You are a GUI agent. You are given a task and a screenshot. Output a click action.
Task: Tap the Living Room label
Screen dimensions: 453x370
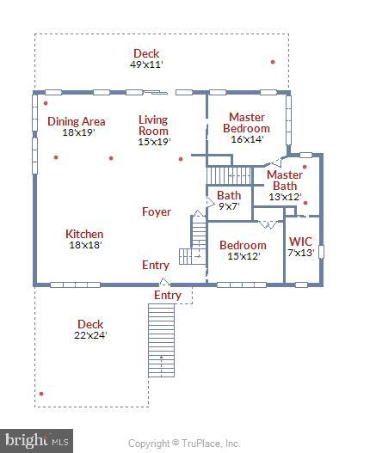pos(154,125)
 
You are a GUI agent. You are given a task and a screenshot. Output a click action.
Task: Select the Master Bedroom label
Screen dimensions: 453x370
pos(246,122)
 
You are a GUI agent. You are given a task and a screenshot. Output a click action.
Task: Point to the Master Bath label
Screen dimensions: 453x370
pos(284,180)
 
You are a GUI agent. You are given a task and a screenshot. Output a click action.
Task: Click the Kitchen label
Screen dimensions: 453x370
pos(84,234)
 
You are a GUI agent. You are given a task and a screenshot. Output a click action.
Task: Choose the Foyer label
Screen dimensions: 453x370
pos(157,211)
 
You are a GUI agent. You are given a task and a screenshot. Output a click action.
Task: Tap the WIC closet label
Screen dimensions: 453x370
pos(301,242)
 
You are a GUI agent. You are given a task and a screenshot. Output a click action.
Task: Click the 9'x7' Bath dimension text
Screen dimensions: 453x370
pos(229,206)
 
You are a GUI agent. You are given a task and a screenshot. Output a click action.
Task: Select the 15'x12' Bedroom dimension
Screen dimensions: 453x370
pos(243,255)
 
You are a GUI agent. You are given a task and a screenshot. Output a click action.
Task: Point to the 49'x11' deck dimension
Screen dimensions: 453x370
pos(146,64)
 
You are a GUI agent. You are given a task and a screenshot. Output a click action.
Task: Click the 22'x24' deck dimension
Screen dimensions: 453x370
pos(90,335)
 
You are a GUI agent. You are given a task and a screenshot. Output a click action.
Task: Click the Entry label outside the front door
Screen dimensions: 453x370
pos(168,295)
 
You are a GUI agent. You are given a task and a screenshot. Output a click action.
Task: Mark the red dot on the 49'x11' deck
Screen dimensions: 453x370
pos(273,62)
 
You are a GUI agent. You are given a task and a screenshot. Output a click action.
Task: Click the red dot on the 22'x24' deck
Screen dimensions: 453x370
pos(41,394)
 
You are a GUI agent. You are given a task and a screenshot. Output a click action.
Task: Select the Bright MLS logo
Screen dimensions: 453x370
pos(35,441)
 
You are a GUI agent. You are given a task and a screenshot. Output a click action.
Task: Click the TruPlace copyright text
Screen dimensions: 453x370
pos(184,444)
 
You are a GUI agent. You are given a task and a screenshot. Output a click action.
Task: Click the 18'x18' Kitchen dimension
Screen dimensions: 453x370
pos(84,245)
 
